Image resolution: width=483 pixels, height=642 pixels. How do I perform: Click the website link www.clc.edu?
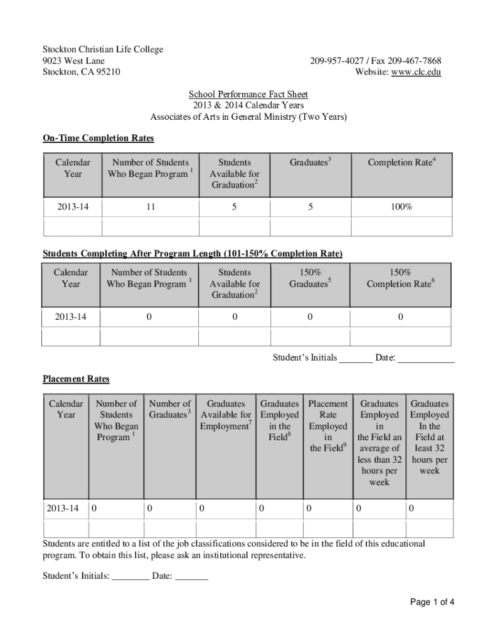click(416, 72)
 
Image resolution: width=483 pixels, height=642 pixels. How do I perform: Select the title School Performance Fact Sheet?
click(248, 95)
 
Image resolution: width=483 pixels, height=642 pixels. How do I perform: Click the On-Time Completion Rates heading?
click(98, 138)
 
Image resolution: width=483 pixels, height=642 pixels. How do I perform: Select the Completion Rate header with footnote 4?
click(401, 162)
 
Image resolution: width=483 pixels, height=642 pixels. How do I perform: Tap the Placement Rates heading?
click(76, 379)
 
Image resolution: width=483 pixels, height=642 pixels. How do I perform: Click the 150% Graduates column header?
click(310, 278)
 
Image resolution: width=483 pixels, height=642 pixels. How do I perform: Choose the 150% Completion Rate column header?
click(400, 278)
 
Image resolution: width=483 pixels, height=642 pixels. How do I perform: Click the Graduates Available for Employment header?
click(226, 415)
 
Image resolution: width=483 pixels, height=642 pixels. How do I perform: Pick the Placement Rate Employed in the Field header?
click(327, 426)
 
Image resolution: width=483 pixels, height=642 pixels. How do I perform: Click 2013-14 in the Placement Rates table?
click(63, 509)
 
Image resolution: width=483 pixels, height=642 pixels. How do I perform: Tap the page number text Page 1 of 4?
click(432, 603)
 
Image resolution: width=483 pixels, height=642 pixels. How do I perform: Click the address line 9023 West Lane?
click(73, 61)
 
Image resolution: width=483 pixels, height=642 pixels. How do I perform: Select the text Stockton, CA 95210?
click(82, 72)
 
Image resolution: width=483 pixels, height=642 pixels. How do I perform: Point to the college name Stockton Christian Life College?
click(103, 50)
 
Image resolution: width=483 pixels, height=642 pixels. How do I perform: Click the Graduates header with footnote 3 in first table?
click(310, 162)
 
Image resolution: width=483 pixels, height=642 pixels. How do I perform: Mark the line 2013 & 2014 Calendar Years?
click(248, 106)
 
